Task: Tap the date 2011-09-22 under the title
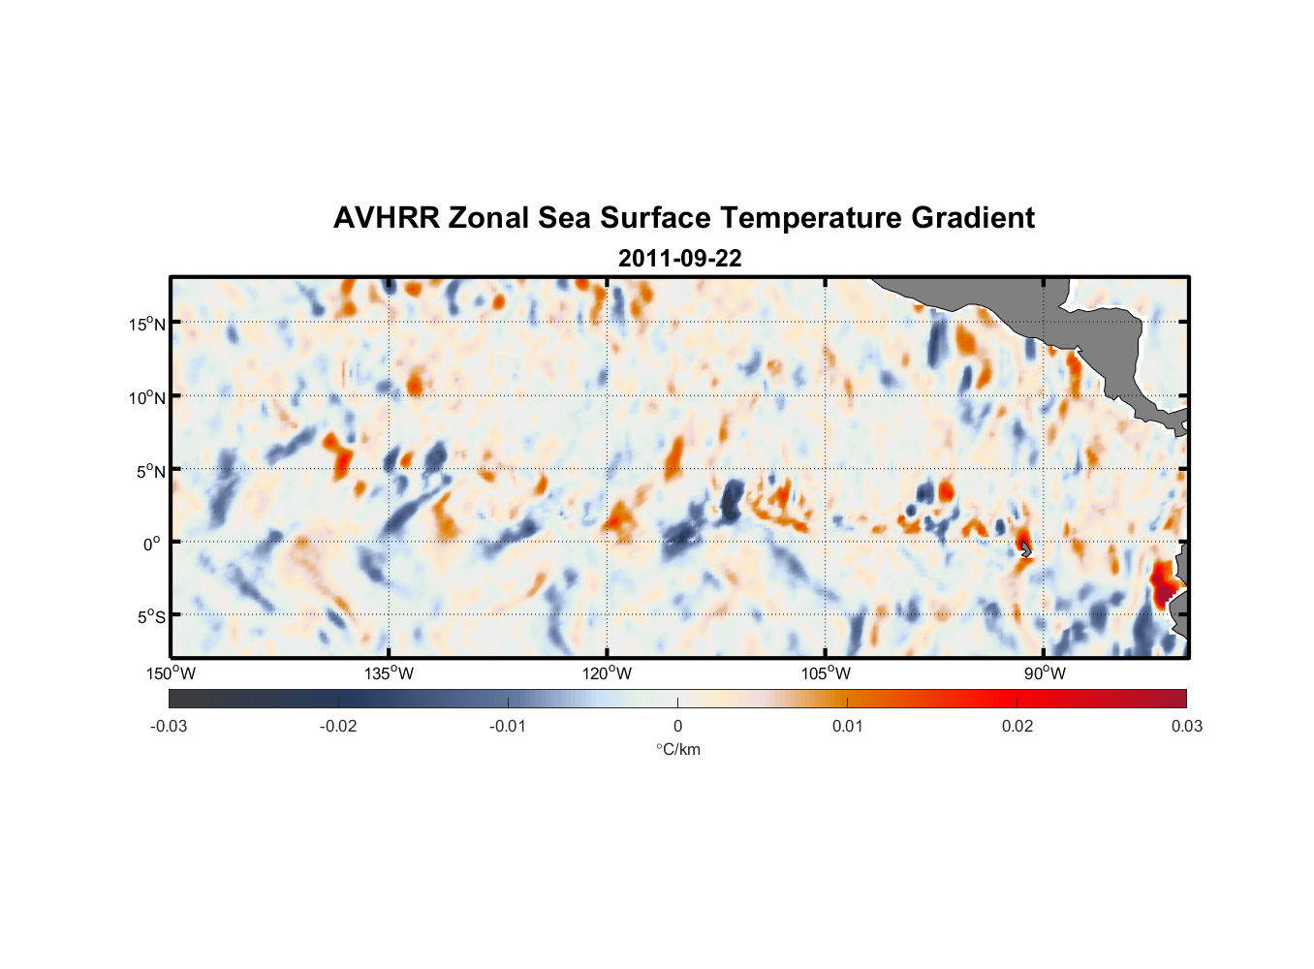(x=679, y=259)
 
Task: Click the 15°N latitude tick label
(x=147, y=324)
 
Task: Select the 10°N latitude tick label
(x=147, y=397)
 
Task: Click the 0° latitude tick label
(x=152, y=544)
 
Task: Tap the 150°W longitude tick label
(x=171, y=673)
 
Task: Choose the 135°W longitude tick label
(x=389, y=673)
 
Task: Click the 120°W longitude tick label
(x=607, y=673)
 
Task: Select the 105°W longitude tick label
(x=826, y=673)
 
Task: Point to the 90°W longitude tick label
(x=1044, y=673)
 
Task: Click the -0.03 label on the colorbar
(x=169, y=726)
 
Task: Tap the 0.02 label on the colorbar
(x=1017, y=726)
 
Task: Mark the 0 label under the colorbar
(x=677, y=726)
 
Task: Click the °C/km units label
(x=677, y=749)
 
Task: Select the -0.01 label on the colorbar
(x=508, y=726)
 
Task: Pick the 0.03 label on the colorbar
(x=1186, y=726)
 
